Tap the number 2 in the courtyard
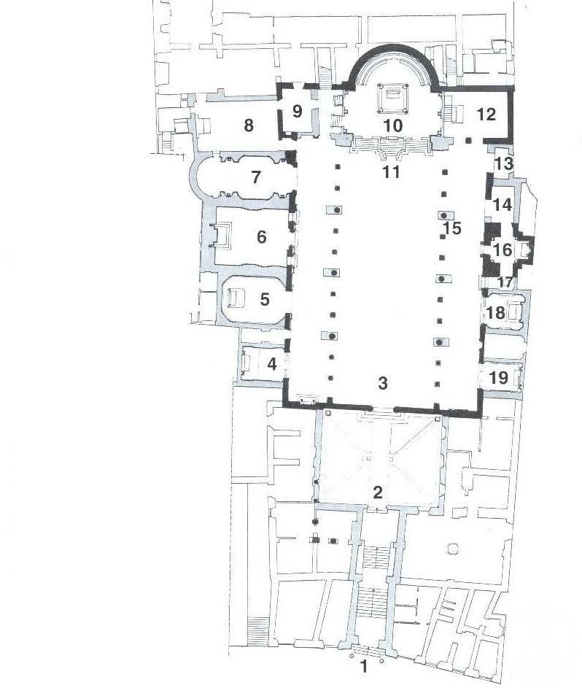point(378,492)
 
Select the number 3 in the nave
point(383,383)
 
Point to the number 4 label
point(272,364)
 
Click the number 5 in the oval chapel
point(265,299)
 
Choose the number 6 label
point(261,237)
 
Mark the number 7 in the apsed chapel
point(256,177)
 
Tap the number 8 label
point(249,125)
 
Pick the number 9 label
point(297,111)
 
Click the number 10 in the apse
point(393,125)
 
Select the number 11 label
point(391,172)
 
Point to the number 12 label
point(486,115)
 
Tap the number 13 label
point(504,164)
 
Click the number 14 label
point(503,204)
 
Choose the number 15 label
point(452,228)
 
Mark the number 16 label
point(503,250)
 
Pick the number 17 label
point(505,282)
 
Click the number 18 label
point(496,313)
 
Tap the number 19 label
point(498,377)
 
